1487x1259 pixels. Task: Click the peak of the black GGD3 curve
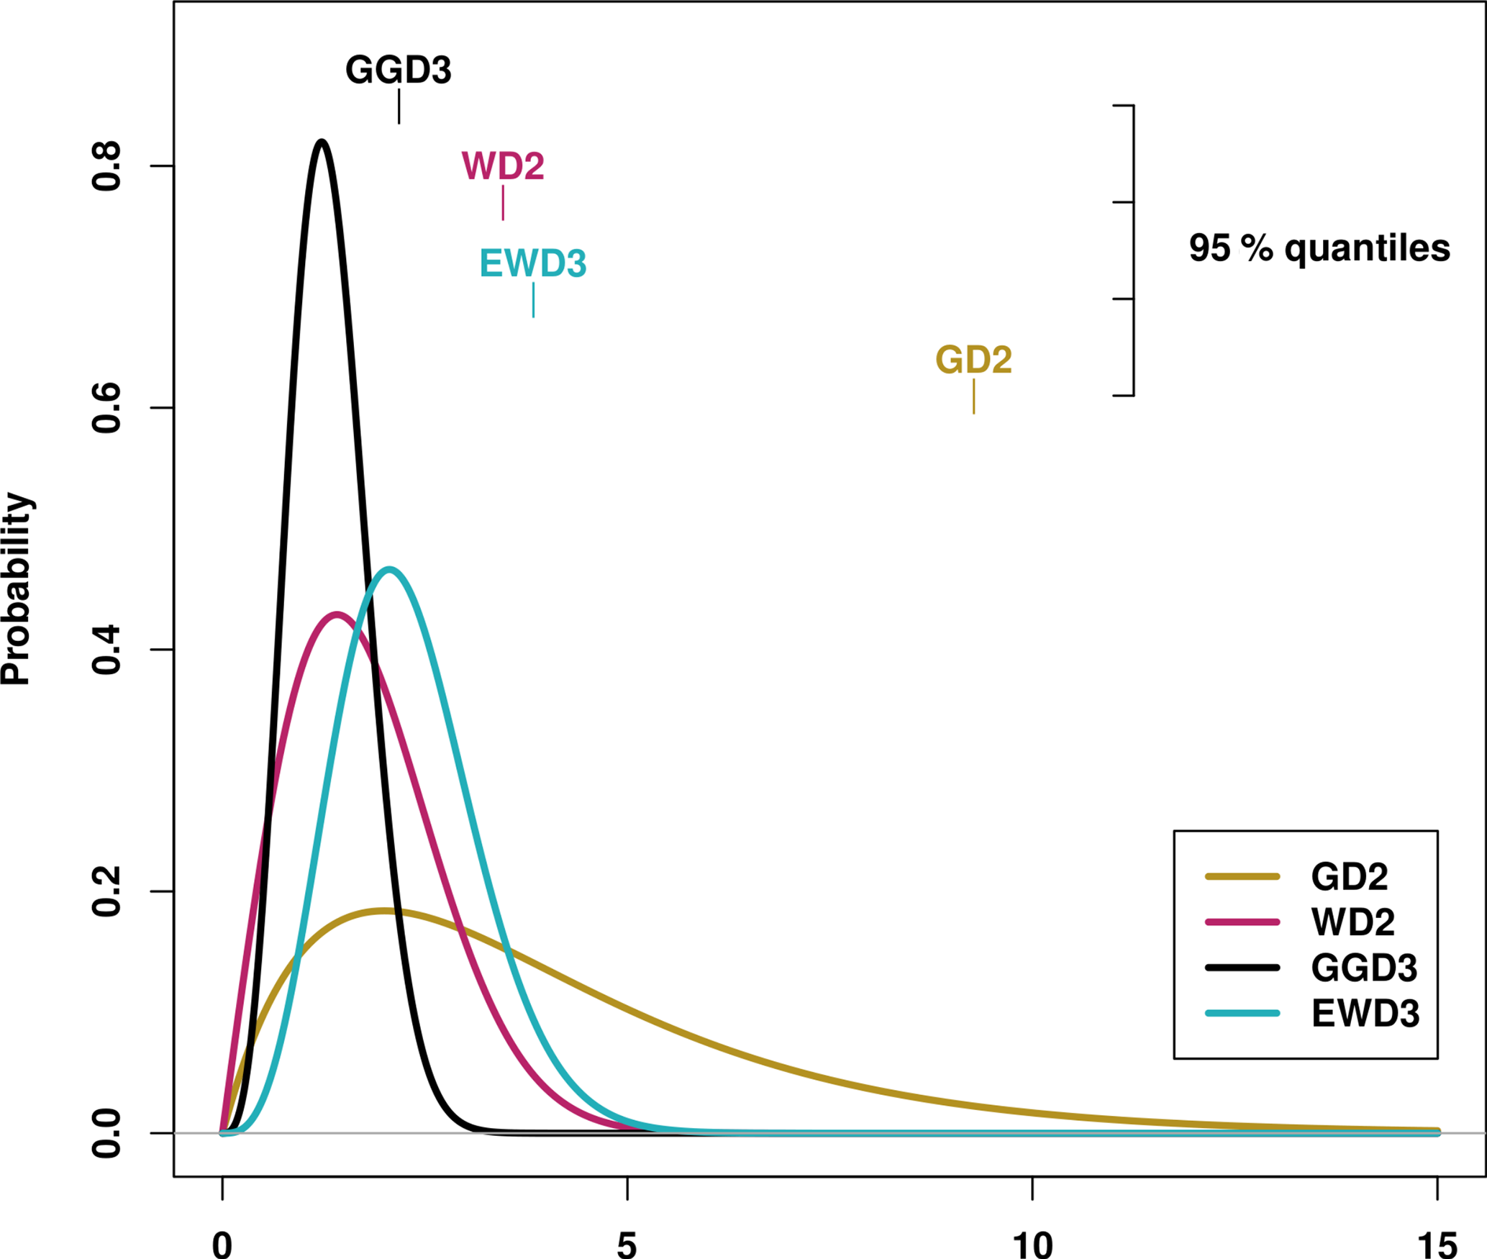coord(322,142)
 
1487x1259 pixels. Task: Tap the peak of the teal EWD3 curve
coord(389,569)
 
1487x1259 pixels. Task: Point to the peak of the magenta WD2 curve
coord(337,614)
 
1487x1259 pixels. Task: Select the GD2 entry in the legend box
coord(1349,876)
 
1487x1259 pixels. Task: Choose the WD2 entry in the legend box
coord(1352,922)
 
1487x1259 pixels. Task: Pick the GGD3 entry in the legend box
coord(1364,968)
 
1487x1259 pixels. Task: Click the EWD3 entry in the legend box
coord(1365,1014)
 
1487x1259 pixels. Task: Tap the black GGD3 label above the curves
coord(399,70)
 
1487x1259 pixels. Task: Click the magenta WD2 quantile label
coord(503,166)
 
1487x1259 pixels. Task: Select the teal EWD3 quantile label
coord(533,263)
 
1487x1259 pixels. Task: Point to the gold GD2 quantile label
coord(973,360)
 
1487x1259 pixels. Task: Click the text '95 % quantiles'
coord(1319,248)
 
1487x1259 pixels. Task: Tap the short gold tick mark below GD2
coord(974,396)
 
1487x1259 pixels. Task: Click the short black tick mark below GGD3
coord(399,106)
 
